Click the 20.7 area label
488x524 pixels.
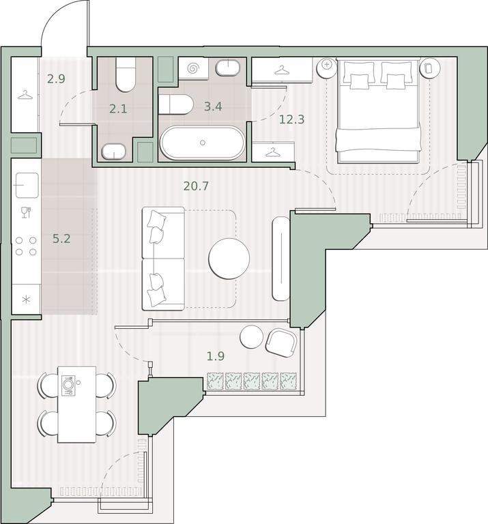pyautogui.click(x=196, y=186)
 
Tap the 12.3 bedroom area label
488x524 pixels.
pyautogui.click(x=292, y=119)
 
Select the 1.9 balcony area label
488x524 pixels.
pyautogui.click(x=216, y=356)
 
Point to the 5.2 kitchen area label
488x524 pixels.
pyautogui.click(x=61, y=239)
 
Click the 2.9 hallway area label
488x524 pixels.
pyautogui.click(x=56, y=79)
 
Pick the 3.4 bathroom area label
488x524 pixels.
pyautogui.click(x=213, y=106)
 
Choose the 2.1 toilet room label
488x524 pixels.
pyautogui.click(x=118, y=108)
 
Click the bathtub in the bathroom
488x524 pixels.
pyautogui.click(x=203, y=143)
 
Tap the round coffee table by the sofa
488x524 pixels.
pyautogui.click(x=229, y=259)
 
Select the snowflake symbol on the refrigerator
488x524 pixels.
pyautogui.click(x=26, y=299)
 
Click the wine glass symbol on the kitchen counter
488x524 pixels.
pyautogui.click(x=26, y=213)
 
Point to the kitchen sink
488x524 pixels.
pyautogui.click(x=27, y=185)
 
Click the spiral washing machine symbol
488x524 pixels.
pyautogui.click(x=193, y=68)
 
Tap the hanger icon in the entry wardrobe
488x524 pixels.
pyautogui.click(x=25, y=96)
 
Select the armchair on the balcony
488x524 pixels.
pyautogui.click(x=281, y=343)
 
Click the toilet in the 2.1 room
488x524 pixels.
pyautogui.click(x=126, y=74)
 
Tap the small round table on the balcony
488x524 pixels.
pyautogui.click(x=251, y=337)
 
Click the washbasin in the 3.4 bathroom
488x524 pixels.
pyautogui.click(x=228, y=68)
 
